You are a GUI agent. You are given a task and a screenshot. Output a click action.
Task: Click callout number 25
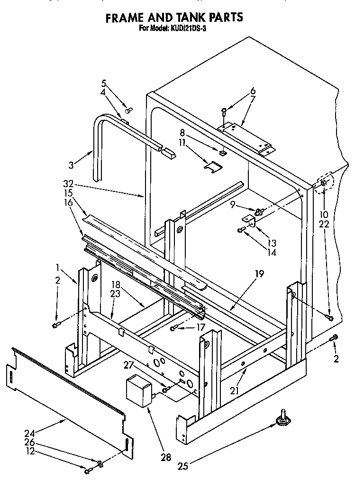coord(183,466)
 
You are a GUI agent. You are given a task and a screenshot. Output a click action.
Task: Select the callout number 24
coord(29,432)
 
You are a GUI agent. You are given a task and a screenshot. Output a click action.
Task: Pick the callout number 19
coord(258,273)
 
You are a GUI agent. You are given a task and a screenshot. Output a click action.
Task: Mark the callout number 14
coord(272,253)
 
